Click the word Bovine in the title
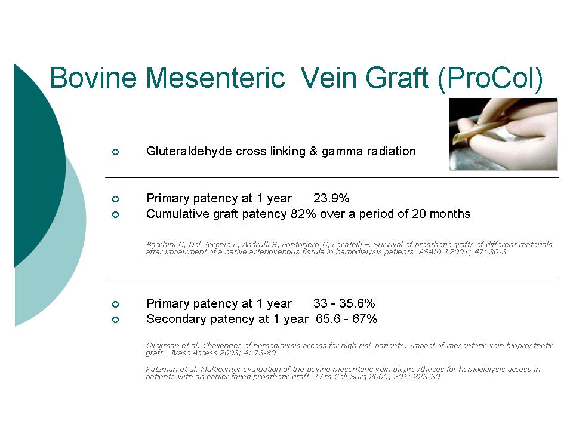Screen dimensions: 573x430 click(93, 78)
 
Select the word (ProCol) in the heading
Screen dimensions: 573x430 click(490, 79)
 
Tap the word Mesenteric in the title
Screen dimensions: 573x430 click(215, 78)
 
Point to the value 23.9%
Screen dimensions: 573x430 click(331, 198)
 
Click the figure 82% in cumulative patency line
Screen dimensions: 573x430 click(303, 214)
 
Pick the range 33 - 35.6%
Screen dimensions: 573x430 click(344, 303)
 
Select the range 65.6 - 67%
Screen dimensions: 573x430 click(346, 319)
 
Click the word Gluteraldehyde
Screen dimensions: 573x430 click(189, 151)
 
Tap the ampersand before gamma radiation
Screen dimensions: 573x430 click(313, 151)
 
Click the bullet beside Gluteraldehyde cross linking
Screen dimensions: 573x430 click(115, 152)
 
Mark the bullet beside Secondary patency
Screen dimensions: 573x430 click(115, 320)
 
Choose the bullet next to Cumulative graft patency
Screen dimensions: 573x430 click(115, 214)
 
